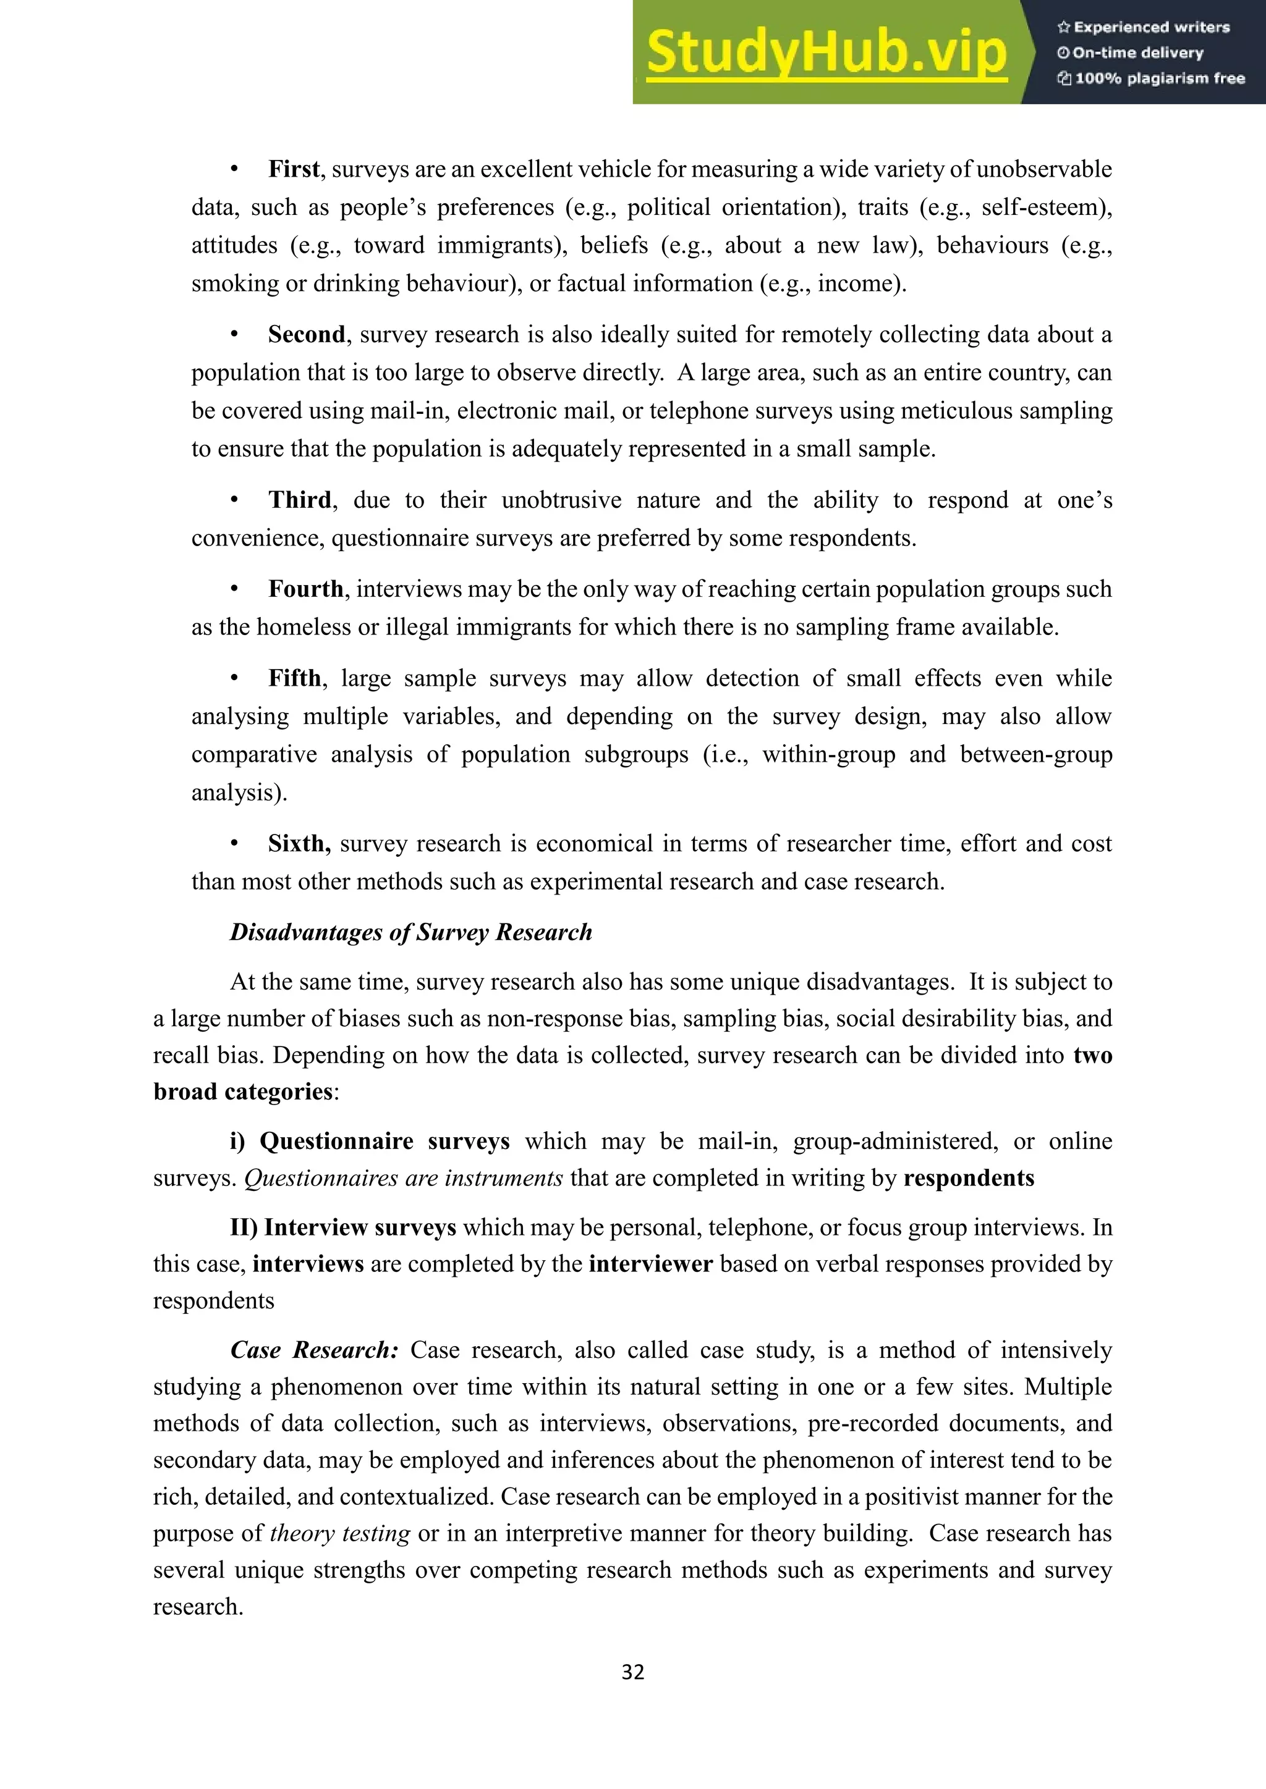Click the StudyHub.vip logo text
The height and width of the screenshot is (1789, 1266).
click(x=826, y=53)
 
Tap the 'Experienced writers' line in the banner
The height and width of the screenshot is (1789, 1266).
click(x=1144, y=27)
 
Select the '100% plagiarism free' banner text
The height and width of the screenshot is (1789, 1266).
click(x=1152, y=78)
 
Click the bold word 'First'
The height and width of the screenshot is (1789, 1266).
click(x=294, y=169)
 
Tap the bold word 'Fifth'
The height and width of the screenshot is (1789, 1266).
click(x=294, y=678)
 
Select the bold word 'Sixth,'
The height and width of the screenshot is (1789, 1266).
click(x=299, y=843)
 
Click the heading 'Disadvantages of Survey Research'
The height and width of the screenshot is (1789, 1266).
click(x=411, y=932)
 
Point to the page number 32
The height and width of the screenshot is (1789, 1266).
click(x=632, y=1672)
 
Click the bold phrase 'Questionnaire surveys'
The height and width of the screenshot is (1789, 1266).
click(x=384, y=1141)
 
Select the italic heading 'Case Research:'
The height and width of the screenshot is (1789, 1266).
click(x=315, y=1350)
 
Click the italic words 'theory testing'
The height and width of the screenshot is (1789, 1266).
click(x=340, y=1533)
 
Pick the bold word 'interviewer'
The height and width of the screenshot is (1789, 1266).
click(x=650, y=1263)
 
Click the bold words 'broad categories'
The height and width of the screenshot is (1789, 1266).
click(x=243, y=1092)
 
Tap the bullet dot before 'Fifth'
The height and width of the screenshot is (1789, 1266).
click(x=234, y=678)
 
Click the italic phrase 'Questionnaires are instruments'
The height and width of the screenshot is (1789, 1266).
click(x=403, y=1177)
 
